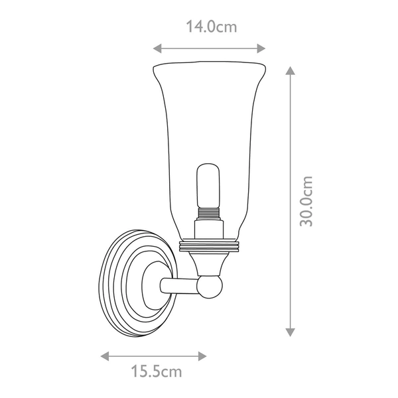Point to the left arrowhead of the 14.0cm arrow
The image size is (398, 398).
(157, 48)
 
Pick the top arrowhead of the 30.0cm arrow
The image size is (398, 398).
(290, 70)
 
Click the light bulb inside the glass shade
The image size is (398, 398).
(208, 182)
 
